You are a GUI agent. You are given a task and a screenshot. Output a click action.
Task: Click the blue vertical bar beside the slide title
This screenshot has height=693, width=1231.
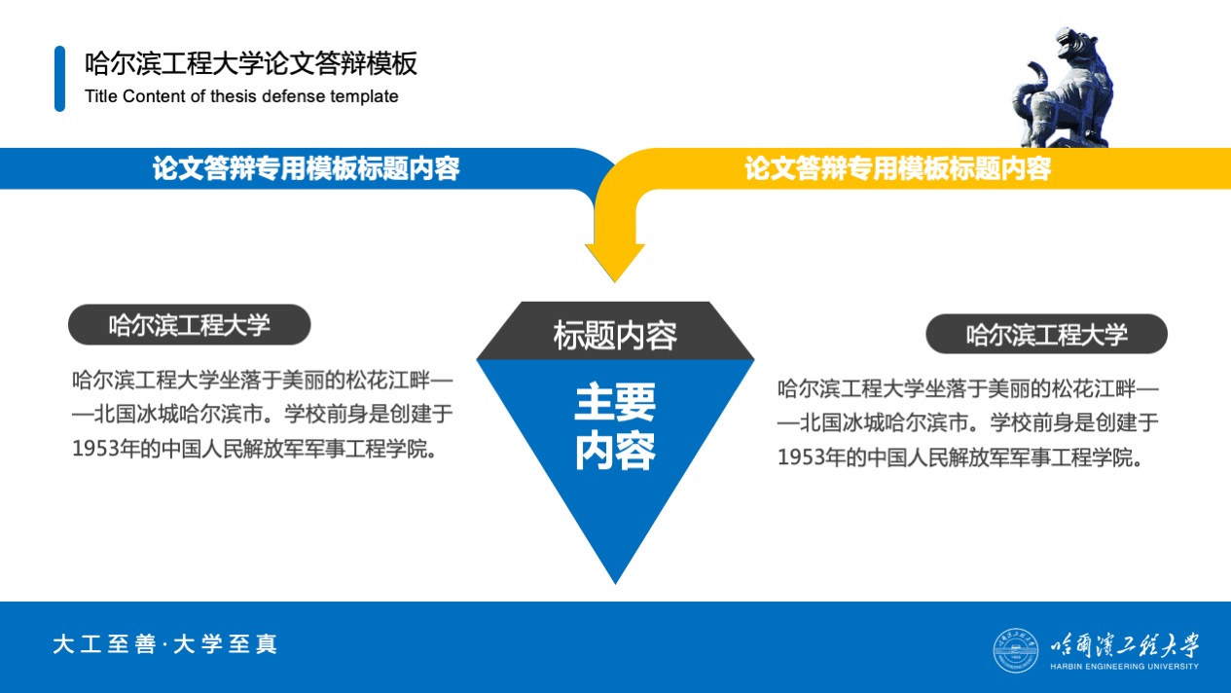coord(60,79)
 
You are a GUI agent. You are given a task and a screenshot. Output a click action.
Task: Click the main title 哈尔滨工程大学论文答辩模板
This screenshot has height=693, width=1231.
coord(251,63)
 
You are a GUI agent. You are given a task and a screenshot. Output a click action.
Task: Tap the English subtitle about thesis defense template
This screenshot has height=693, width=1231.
coord(241,96)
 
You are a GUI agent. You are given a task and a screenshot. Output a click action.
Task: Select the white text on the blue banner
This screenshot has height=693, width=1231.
coord(306,168)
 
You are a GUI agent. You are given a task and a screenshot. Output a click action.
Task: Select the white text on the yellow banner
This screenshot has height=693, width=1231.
coord(898,168)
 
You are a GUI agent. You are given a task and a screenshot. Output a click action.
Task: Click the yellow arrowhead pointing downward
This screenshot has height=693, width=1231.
coord(615,262)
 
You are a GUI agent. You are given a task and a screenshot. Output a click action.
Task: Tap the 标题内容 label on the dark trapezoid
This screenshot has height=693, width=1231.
coord(615,335)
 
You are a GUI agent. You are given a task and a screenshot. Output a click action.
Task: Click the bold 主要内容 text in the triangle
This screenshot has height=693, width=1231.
coord(615,426)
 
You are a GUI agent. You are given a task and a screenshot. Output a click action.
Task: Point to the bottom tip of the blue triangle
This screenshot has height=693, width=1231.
coord(615,584)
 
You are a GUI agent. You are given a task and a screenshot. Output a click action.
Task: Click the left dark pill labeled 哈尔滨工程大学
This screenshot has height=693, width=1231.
coord(189,325)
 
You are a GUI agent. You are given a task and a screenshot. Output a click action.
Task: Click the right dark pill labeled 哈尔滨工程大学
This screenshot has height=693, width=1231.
coord(1046,334)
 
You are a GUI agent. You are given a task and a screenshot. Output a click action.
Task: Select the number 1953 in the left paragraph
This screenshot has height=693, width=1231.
coord(95,449)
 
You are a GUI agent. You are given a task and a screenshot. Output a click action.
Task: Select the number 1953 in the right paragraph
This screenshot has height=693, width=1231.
coord(801,457)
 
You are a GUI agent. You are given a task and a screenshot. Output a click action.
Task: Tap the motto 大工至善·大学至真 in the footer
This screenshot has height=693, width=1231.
coord(164,644)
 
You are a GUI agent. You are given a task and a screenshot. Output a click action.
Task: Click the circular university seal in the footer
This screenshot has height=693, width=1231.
coord(1016,650)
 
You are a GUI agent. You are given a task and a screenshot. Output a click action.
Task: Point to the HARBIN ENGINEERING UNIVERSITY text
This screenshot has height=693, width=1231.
coord(1124,667)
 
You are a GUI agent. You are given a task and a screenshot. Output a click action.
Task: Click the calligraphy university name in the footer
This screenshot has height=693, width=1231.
coord(1124,645)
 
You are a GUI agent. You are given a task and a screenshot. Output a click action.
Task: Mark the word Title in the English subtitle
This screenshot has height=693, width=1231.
coord(101,96)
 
